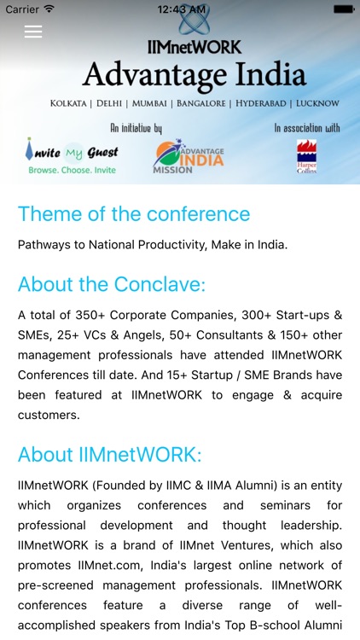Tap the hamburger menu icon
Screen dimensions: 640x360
pos(33,32)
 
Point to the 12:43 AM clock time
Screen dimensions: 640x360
pos(180,9)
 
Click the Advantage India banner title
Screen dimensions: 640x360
pos(194,75)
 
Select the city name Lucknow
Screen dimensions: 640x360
pos(317,104)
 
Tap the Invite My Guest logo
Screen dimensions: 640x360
pos(72,153)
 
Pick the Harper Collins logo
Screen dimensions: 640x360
pos(307,156)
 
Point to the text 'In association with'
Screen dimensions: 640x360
pos(307,128)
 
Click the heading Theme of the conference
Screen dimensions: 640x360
pos(134,213)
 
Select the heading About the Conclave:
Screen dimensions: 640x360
pos(112,284)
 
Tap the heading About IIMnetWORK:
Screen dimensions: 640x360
pos(110,454)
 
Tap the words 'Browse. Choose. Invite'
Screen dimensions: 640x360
pos(72,170)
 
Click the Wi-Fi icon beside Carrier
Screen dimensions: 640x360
pos(49,9)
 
